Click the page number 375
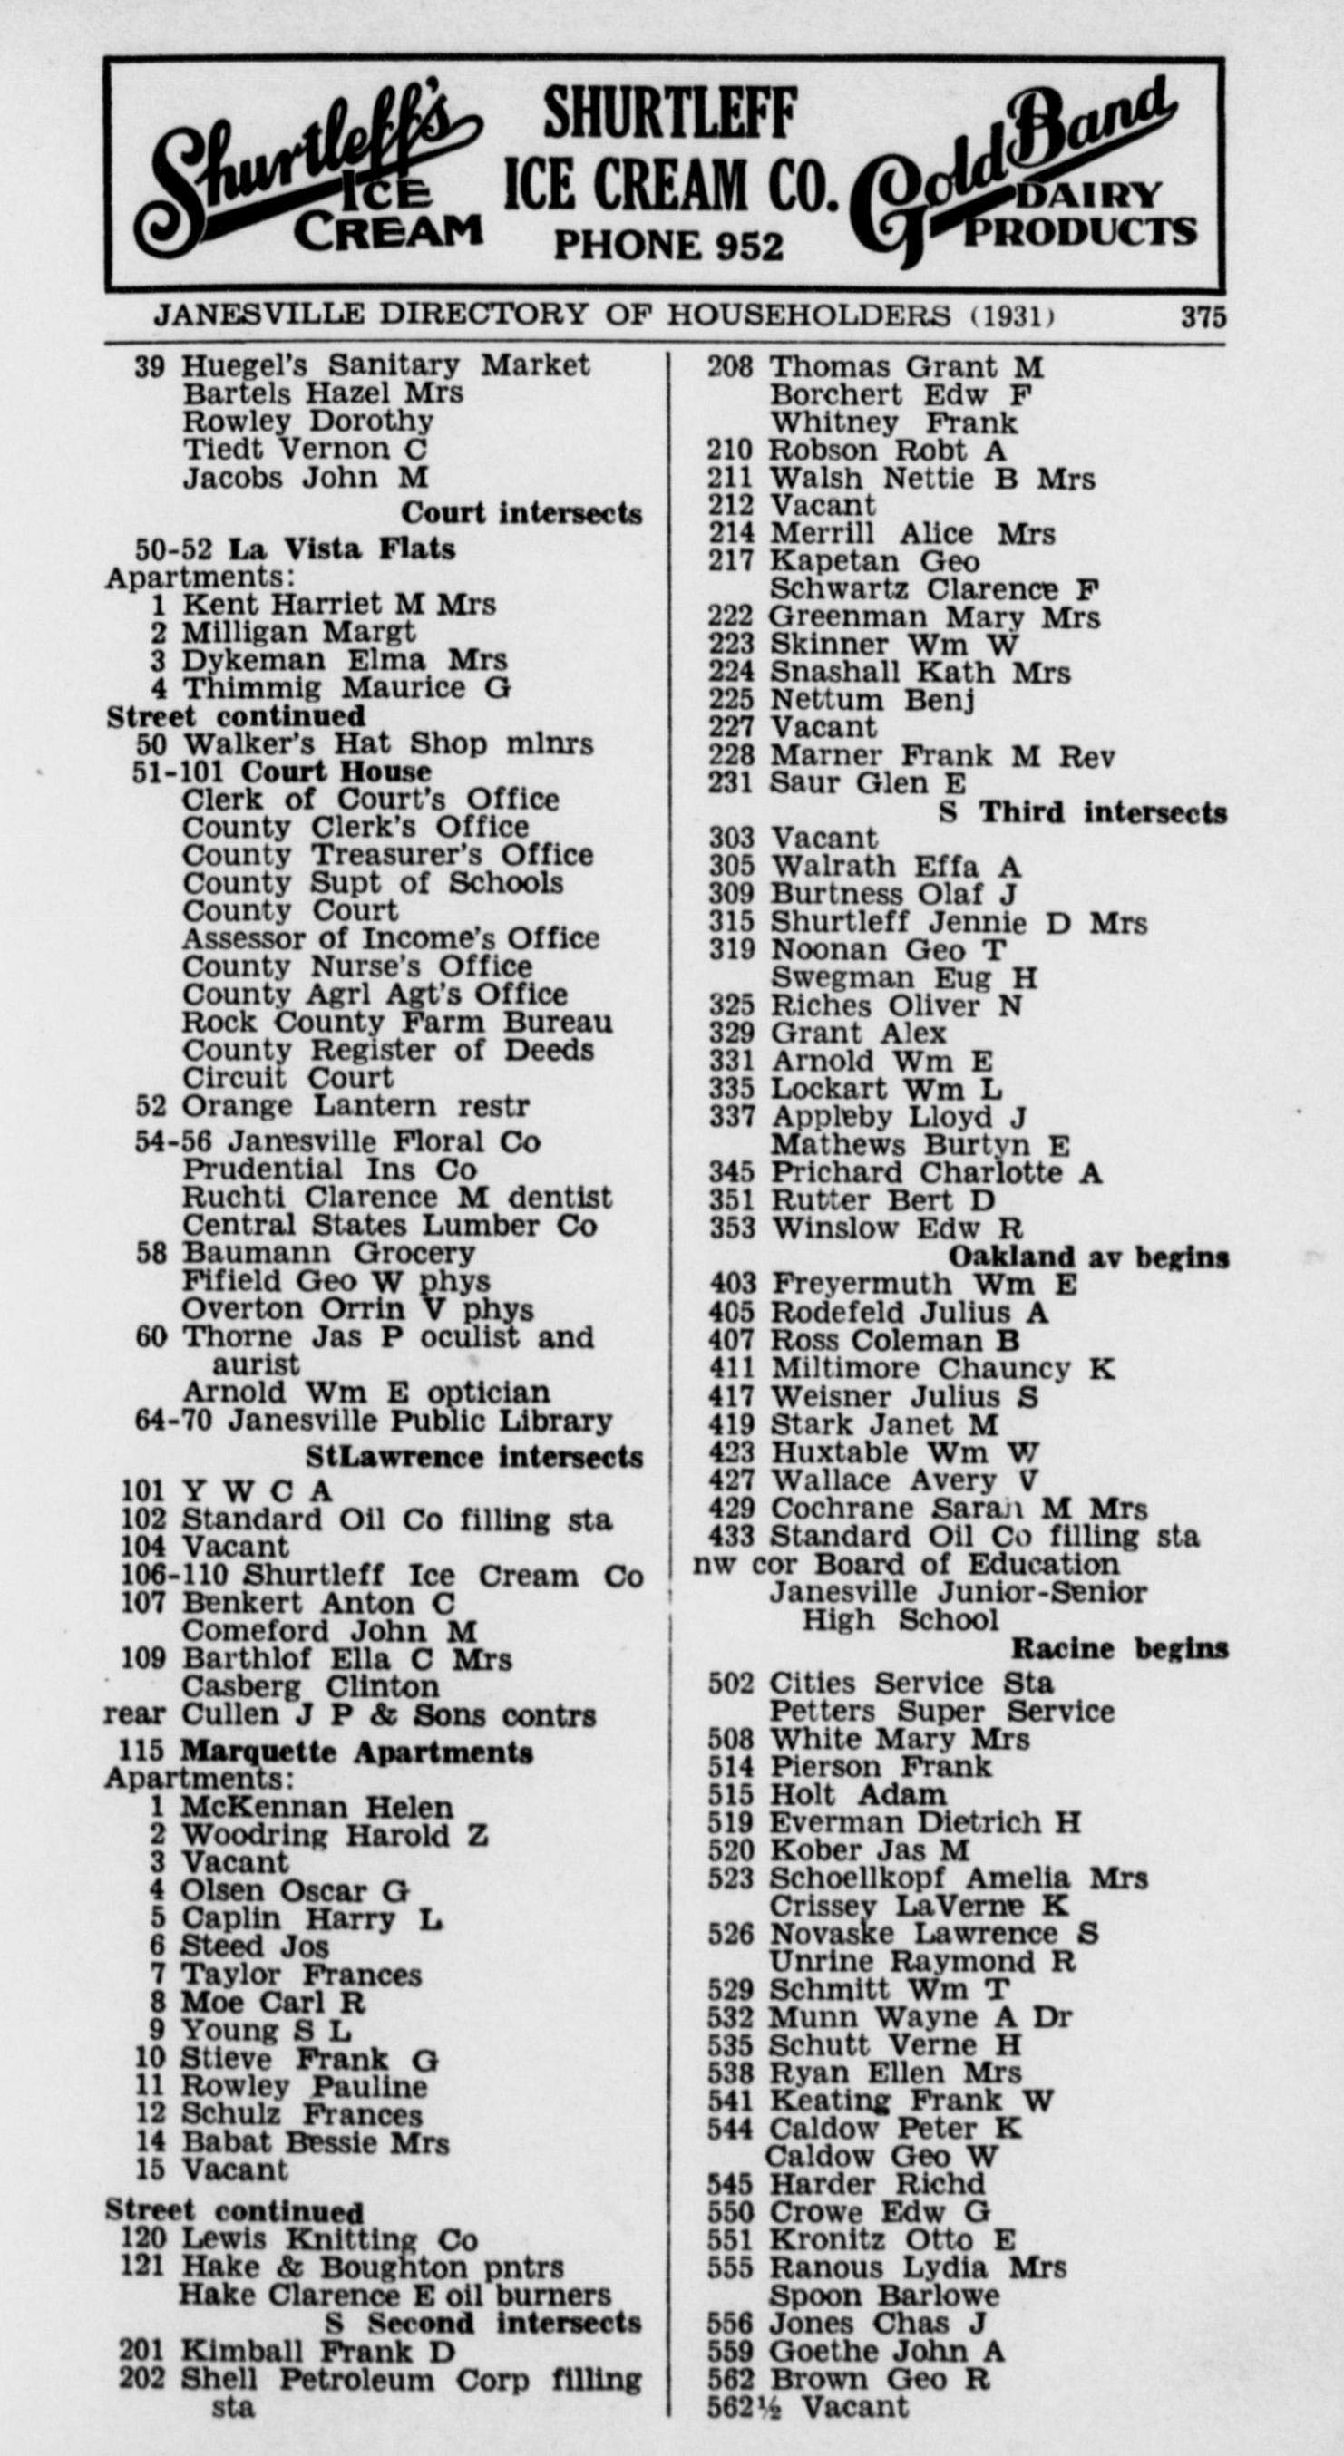point(1202,316)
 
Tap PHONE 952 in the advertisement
point(667,246)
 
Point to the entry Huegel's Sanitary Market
point(385,365)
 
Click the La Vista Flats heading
point(342,549)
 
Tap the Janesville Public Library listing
point(419,1421)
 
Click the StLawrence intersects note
point(474,1457)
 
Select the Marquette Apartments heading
point(356,1752)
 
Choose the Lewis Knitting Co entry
point(329,2239)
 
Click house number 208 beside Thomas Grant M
point(730,367)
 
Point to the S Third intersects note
point(1083,812)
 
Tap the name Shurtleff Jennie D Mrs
point(958,923)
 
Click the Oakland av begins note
point(1088,1257)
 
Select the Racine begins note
point(1119,1647)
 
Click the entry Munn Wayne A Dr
point(920,2017)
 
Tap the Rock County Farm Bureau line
point(397,1022)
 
